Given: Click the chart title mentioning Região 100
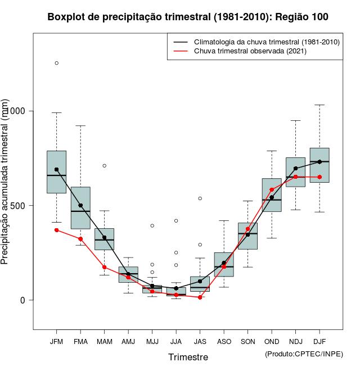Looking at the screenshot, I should [x=188, y=17].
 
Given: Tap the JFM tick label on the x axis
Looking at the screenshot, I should [x=56, y=341].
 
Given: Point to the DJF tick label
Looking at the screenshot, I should [x=319, y=341].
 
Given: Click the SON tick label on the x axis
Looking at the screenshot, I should [x=247, y=341].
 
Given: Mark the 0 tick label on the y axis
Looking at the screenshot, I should [x=23, y=300].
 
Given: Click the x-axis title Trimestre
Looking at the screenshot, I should [x=188, y=357].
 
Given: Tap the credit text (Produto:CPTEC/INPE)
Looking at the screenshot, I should [x=304, y=354].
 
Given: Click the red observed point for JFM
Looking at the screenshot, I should [x=56, y=230].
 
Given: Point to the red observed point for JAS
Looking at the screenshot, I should [x=200, y=297].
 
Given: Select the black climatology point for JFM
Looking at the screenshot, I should [x=56, y=169].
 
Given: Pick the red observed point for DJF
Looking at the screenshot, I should [x=319, y=177].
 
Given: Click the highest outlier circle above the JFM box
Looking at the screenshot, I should [x=56, y=63].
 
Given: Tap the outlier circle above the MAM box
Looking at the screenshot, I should [x=104, y=166].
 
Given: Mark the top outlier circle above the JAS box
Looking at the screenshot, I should [x=200, y=198].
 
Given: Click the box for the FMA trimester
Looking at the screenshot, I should [x=80, y=208].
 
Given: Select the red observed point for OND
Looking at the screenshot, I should [x=272, y=190].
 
